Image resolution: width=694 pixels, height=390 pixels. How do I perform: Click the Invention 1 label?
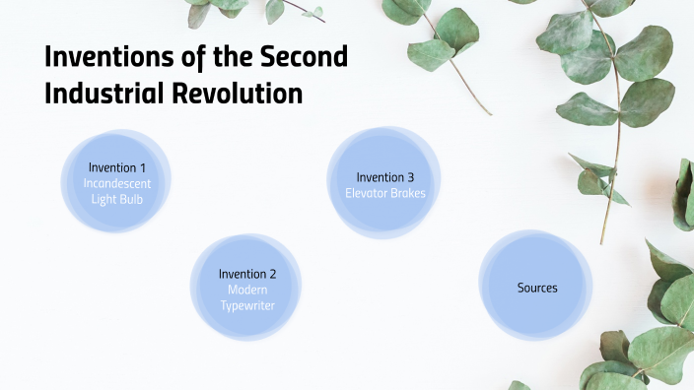click(116, 166)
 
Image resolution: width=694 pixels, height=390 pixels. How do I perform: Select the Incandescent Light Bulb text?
click(116, 191)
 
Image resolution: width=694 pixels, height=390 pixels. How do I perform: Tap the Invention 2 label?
click(247, 274)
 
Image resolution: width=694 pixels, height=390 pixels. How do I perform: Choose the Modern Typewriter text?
click(247, 297)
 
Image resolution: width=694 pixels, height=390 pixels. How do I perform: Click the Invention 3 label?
click(385, 177)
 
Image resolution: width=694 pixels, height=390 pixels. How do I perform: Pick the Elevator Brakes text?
click(385, 193)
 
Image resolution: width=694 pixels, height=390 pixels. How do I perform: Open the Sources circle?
click(536, 288)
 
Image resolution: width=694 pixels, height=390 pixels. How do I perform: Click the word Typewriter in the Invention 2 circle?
click(247, 306)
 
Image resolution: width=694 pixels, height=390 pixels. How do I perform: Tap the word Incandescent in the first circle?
click(116, 183)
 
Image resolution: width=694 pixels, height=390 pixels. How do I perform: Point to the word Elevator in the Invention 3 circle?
click(367, 193)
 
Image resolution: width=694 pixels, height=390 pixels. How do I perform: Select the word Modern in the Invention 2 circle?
click(247, 290)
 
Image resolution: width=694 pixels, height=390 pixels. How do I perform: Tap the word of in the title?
click(189, 58)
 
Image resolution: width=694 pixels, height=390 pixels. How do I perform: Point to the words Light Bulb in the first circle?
click(116, 200)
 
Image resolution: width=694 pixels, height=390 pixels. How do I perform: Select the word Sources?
click(536, 288)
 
